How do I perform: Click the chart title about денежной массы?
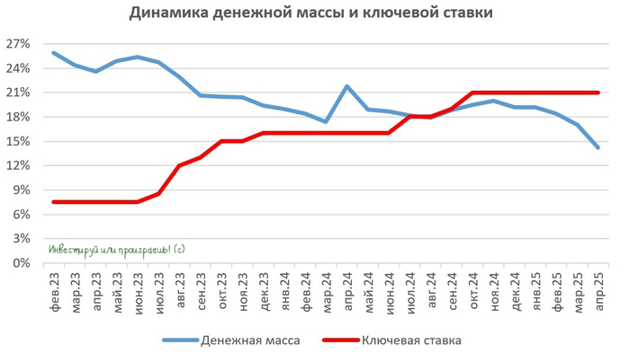[x=311, y=13]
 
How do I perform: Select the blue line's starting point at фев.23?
[x=53, y=53]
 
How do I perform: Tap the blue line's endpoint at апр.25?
[x=598, y=147]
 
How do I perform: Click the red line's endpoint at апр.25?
[x=598, y=93]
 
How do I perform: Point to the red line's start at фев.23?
[x=53, y=202]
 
